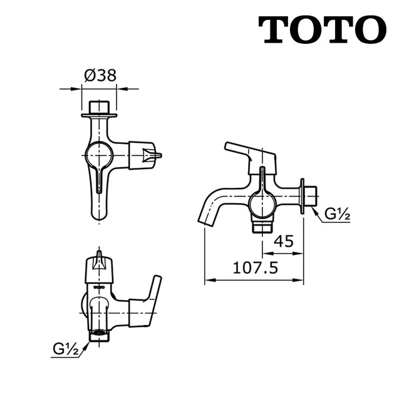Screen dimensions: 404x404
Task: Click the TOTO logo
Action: pyautogui.click(x=322, y=30)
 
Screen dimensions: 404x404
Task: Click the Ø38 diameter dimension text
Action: pyautogui.click(x=100, y=76)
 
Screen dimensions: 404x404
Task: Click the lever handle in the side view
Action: pyautogui.click(x=247, y=153)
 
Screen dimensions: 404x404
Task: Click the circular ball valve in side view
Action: pyautogui.click(x=262, y=204)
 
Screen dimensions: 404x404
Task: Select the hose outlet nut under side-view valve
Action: pyautogui.click(x=262, y=225)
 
